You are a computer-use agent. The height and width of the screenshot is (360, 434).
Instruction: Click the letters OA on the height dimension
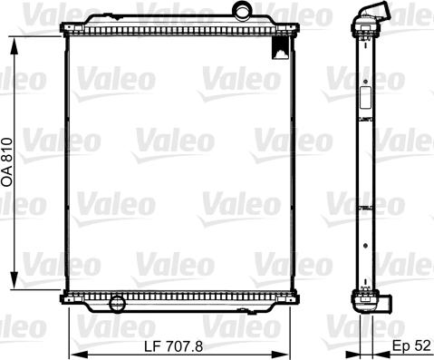pyautogui.click(x=7, y=178)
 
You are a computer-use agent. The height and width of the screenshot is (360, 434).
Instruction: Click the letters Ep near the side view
pyautogui.click(x=400, y=346)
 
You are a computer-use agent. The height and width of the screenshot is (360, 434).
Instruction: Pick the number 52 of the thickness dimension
pyautogui.click(x=421, y=346)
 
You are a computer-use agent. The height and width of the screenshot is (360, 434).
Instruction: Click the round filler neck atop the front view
pyautogui.click(x=243, y=10)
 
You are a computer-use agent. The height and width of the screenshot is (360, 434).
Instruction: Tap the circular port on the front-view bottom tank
pyautogui.click(x=115, y=303)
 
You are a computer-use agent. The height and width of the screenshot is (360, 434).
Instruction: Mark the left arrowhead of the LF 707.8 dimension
pyautogui.click(x=73, y=354)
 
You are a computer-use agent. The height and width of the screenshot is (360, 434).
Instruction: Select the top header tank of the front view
pyautogui.click(x=181, y=22)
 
